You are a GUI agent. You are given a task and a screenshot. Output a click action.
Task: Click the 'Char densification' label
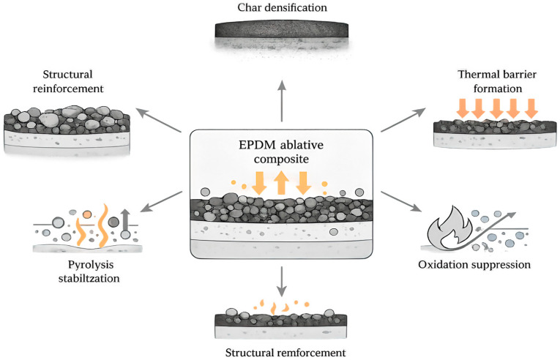tap(282, 8)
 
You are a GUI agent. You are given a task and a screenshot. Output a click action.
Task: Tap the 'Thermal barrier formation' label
tap(497, 81)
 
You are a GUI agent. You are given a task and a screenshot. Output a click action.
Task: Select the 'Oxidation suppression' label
tap(474, 265)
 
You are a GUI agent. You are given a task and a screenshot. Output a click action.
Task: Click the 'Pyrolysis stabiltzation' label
tap(89, 271)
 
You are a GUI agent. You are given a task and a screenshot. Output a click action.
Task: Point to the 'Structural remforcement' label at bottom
tap(285, 353)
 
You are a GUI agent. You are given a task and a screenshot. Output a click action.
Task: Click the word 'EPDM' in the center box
tap(257, 145)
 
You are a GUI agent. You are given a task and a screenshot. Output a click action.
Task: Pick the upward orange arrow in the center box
tap(281, 182)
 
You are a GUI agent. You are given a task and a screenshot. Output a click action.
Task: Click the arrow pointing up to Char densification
tap(282, 101)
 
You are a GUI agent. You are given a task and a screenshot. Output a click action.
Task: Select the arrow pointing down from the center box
tap(282, 281)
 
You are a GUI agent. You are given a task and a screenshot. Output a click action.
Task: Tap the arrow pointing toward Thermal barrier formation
tap(403, 120)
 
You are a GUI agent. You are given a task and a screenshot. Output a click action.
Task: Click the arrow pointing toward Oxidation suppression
tap(401, 202)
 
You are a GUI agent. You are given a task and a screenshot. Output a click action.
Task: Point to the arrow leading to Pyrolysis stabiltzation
tap(162, 202)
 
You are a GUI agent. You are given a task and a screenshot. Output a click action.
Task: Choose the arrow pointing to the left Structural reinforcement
tap(159, 120)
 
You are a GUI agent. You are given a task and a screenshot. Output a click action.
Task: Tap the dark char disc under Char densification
tap(281, 30)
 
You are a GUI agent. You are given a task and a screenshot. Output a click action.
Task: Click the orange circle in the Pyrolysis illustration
tap(87, 214)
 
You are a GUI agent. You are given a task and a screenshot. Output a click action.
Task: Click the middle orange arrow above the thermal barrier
tap(496, 108)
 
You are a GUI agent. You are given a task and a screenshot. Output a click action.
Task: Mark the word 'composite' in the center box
tap(281, 159)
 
